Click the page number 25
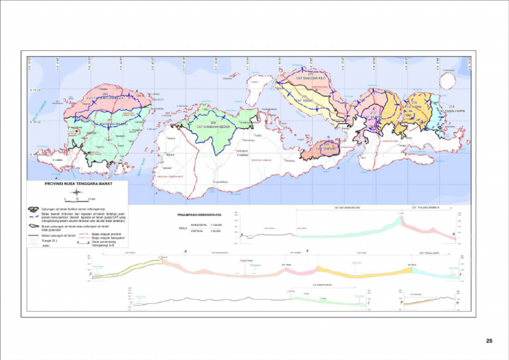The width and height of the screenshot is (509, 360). pos(489,341)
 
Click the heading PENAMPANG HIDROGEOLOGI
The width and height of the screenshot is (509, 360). pos(199,215)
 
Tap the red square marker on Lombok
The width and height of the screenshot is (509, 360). pos(78,132)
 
